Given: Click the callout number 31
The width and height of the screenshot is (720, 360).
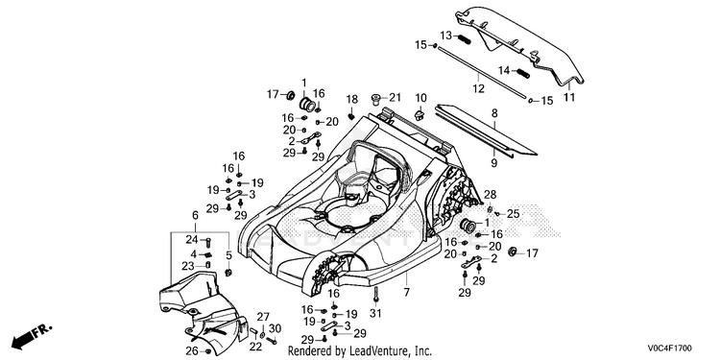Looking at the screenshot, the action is coord(375,313).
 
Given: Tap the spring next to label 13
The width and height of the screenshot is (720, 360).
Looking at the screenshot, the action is coord(464,39).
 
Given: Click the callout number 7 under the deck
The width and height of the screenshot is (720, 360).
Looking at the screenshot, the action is coord(406,292).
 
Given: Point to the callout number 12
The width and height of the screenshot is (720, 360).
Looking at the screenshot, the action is coord(478,88).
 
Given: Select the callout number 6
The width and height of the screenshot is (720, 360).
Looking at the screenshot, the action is coord(195,215).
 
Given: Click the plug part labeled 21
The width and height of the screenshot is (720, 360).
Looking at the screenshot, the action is coord(375,99).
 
